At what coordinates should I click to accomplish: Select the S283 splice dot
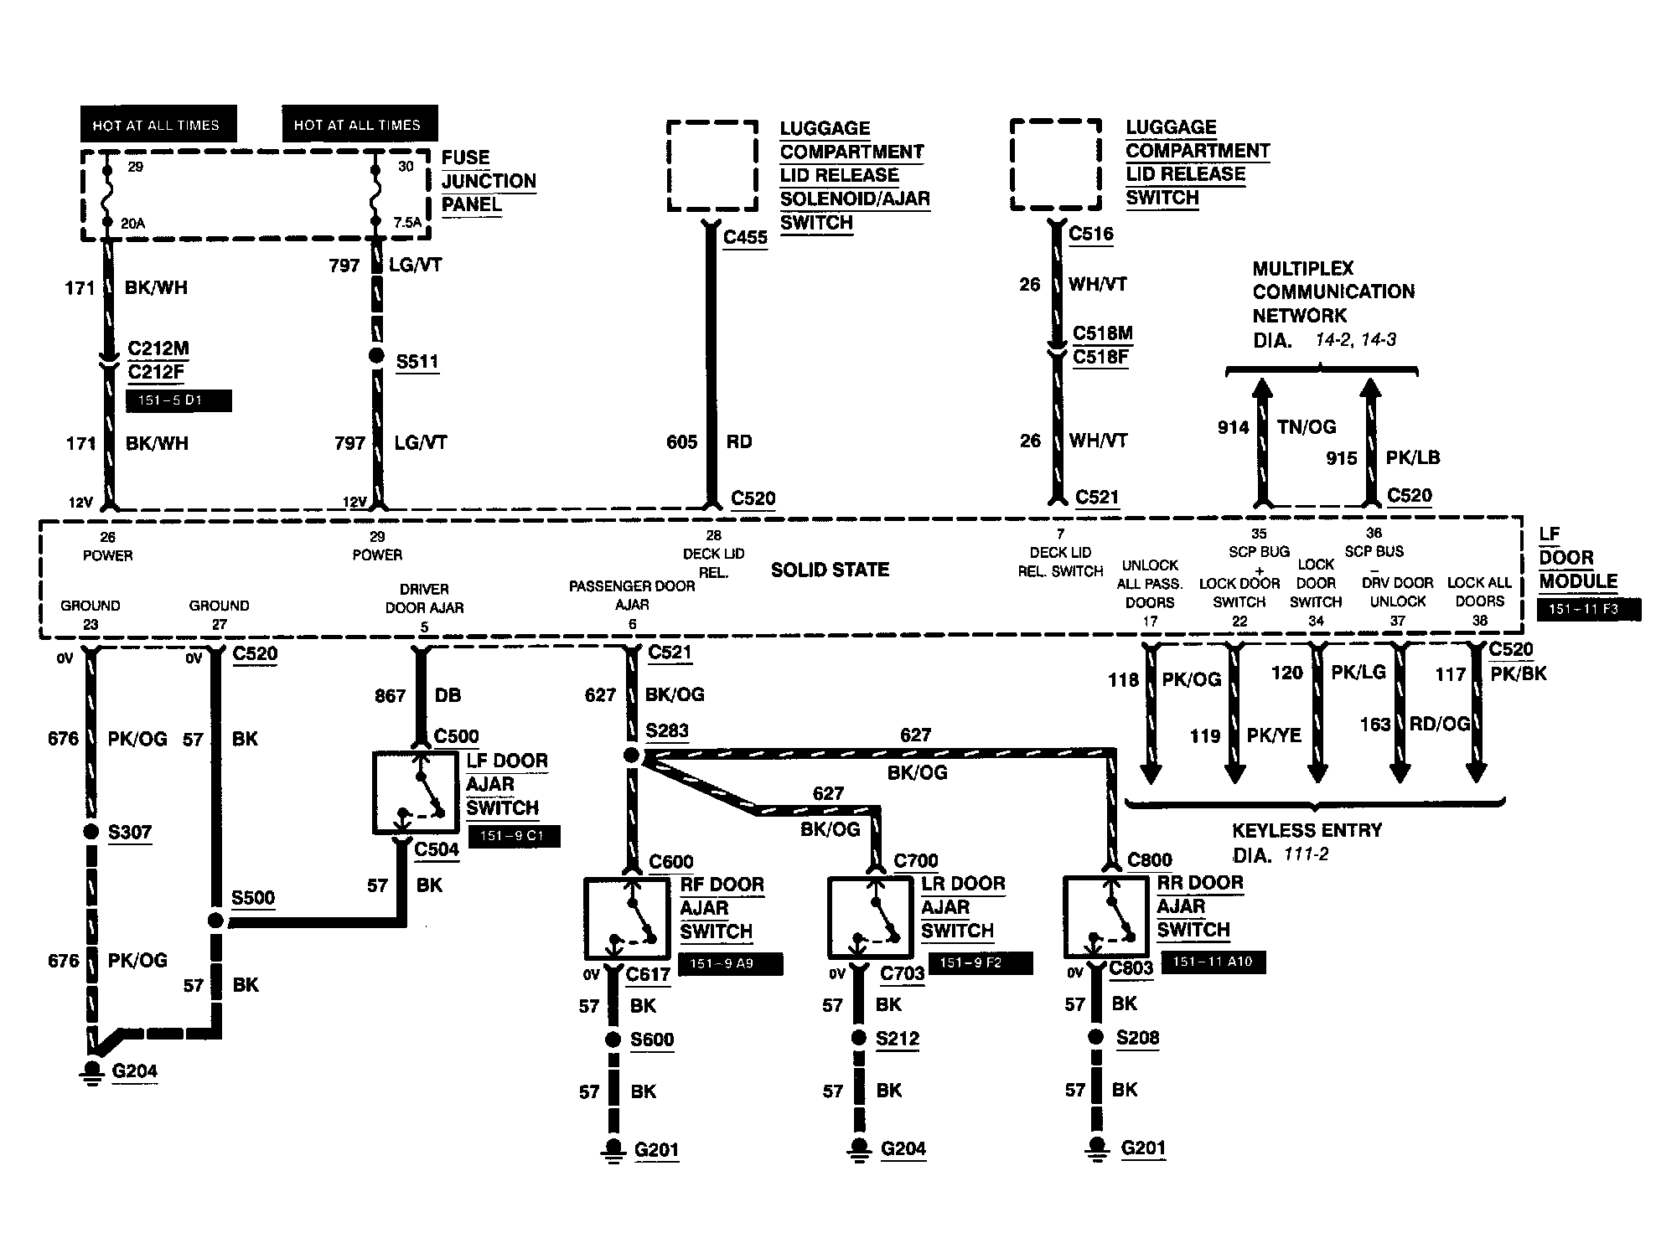tap(631, 756)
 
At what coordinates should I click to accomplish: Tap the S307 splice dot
tap(91, 832)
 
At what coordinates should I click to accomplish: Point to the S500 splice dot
tap(215, 921)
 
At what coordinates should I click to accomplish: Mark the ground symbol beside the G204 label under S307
tap(92, 1074)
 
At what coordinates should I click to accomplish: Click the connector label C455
tap(745, 237)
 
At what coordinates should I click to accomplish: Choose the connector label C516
tap(1091, 234)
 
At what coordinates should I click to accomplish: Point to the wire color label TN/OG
tap(1307, 427)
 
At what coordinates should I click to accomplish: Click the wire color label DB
tap(448, 695)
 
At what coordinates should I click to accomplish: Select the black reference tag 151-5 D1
tap(179, 400)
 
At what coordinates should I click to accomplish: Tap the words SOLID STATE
tap(830, 570)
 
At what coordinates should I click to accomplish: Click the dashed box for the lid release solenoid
tap(713, 166)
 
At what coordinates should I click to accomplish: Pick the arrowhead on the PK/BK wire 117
tap(1475, 771)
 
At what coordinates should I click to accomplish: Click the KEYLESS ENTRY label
tap(1307, 830)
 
